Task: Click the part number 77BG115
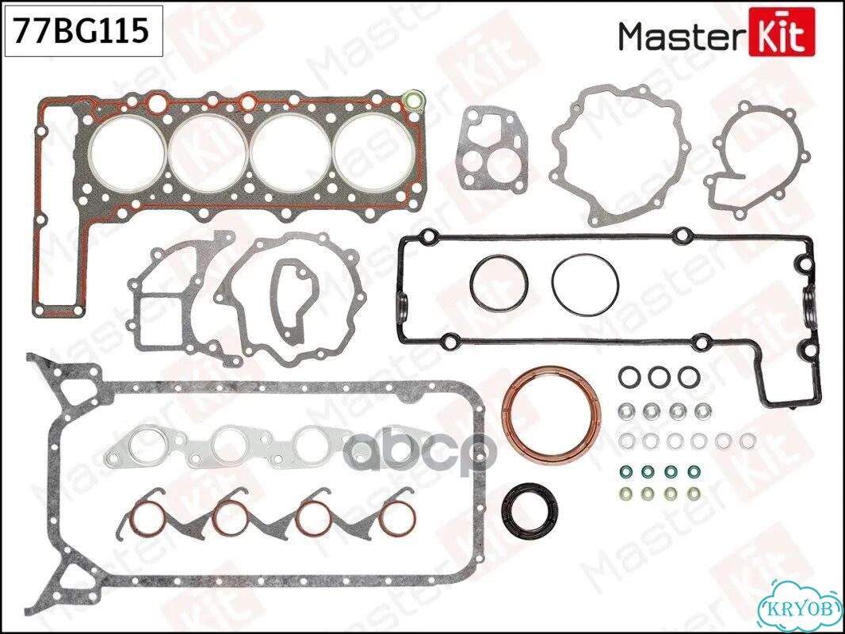81,30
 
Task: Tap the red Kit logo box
782,35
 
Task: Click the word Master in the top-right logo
682,36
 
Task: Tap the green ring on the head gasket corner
413,100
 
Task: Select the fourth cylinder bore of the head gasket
375,151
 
